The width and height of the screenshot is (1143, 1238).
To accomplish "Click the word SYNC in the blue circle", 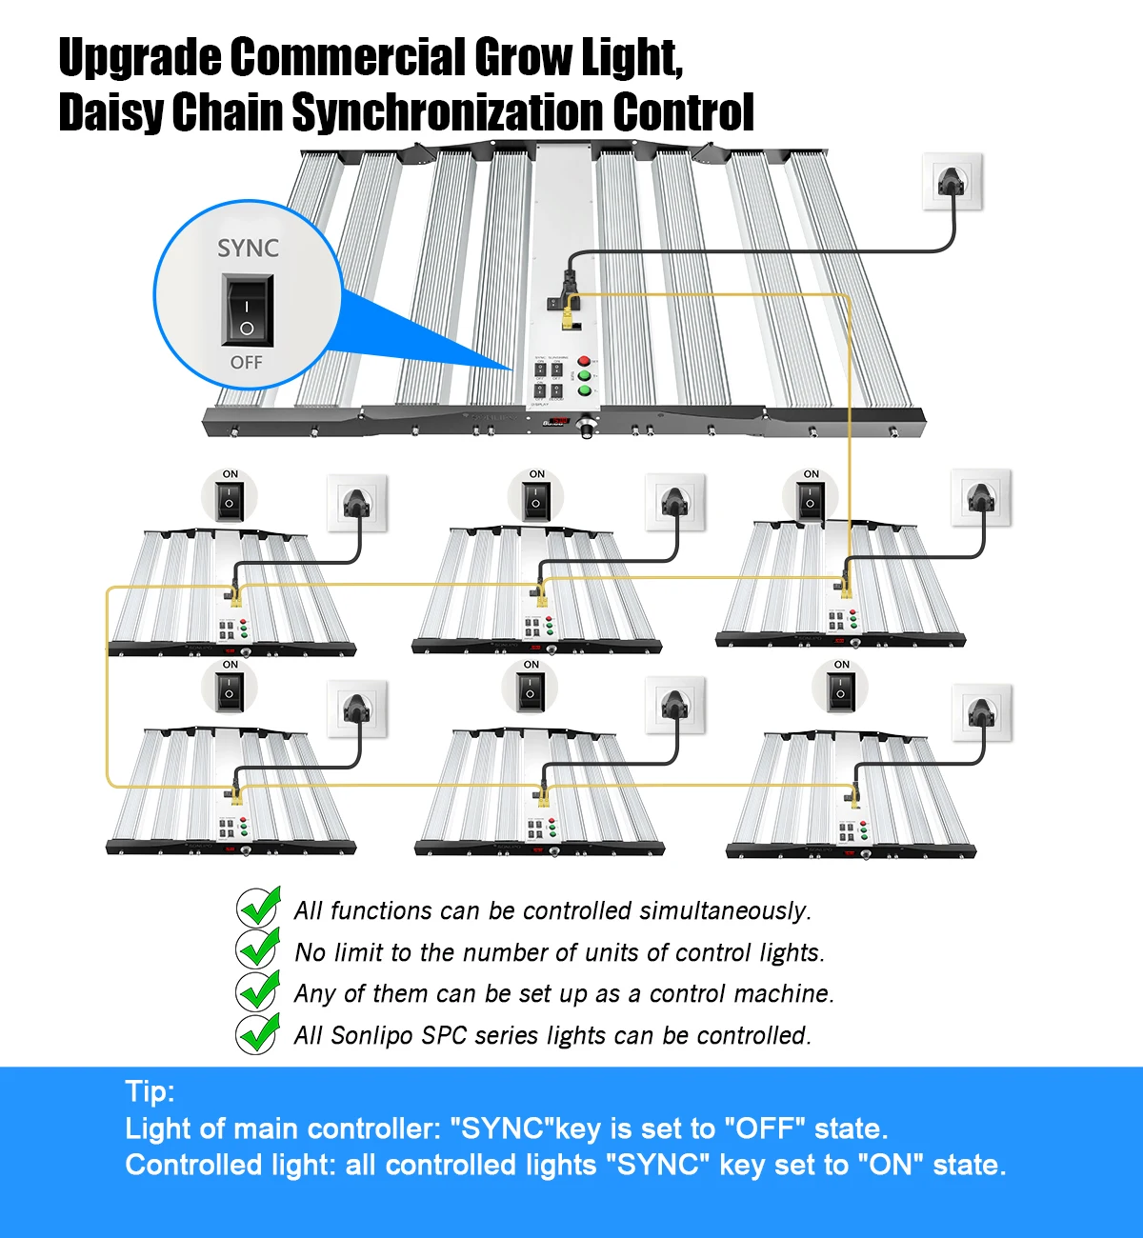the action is tap(248, 249).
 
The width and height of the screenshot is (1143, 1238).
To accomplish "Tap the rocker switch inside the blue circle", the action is tap(248, 310).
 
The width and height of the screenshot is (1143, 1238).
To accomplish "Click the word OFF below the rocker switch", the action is tap(247, 363).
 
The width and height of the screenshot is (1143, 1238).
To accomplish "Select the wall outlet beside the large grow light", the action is tap(952, 181).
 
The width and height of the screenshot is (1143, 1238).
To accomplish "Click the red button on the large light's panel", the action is tap(584, 361).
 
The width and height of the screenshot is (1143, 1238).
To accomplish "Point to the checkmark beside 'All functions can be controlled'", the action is tap(258, 908).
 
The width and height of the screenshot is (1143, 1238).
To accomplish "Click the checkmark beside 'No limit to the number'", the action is tap(258, 949).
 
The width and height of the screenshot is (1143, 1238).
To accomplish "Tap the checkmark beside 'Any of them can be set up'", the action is tap(258, 990).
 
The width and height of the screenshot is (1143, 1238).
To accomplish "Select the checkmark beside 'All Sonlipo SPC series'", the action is tap(258, 1032).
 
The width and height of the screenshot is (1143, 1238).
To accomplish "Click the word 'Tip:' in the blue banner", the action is tap(150, 1091).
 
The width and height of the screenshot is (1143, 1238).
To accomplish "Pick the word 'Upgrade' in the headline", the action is tap(139, 59).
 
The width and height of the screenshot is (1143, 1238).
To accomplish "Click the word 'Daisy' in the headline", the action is tap(110, 113).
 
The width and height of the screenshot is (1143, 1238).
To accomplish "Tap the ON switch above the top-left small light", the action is tap(230, 499).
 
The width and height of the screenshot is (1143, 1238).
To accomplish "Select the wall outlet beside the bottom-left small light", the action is tap(357, 709).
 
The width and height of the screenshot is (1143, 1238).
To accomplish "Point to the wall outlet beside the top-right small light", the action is tap(980, 497).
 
